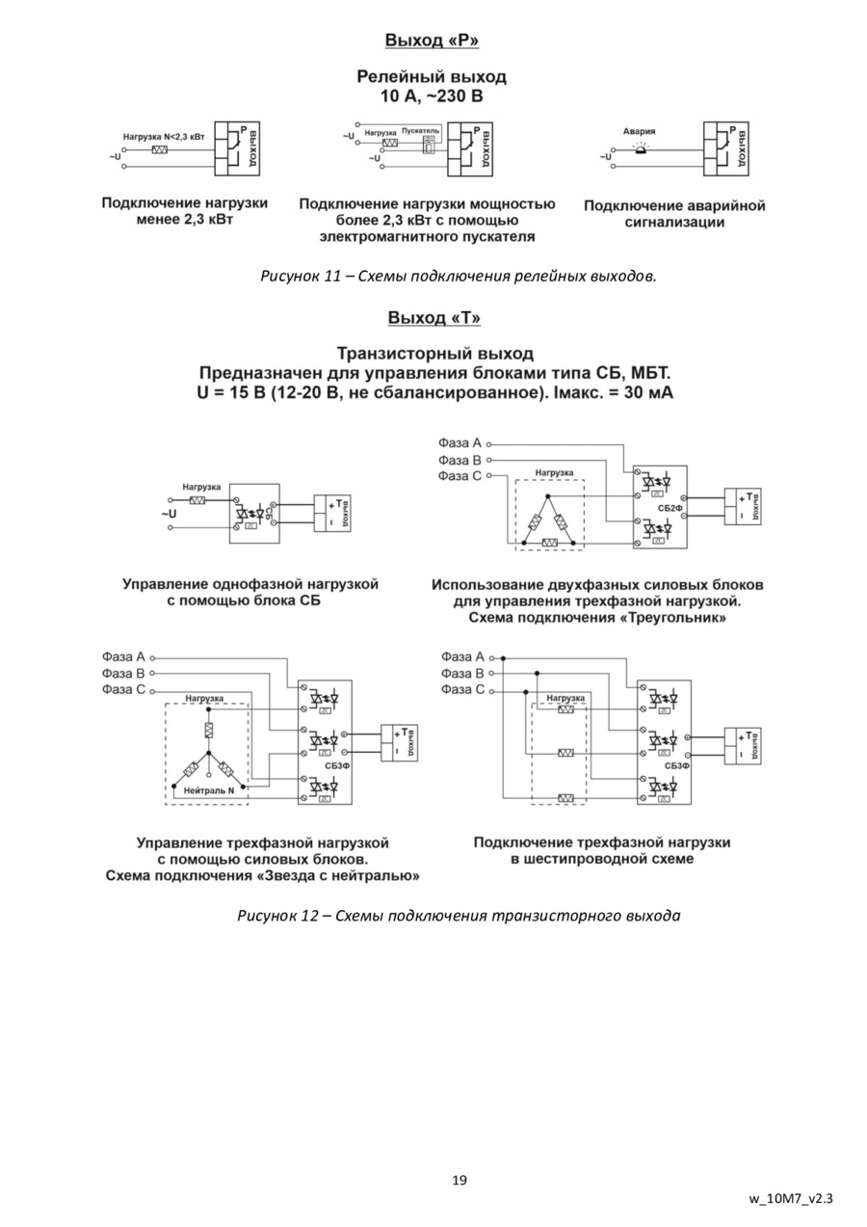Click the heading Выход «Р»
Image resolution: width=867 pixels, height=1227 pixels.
[432, 40]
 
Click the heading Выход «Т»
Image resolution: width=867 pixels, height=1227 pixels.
[433, 318]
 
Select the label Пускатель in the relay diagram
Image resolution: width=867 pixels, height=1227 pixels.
[420, 130]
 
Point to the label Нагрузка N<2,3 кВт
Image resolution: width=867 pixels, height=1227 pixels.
[164, 137]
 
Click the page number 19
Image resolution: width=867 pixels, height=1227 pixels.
[460, 1180]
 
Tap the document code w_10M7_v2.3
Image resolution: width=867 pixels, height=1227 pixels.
[791, 1199]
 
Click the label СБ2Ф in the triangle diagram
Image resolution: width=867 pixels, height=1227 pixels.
[670, 507]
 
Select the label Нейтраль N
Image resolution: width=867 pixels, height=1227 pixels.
[209, 790]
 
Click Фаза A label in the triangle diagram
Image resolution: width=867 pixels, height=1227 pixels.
[460, 443]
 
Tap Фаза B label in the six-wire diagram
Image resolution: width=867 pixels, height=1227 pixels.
[462, 674]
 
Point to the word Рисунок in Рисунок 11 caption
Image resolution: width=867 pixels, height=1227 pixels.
[288, 277]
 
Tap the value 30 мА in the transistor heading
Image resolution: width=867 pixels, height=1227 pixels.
[644, 392]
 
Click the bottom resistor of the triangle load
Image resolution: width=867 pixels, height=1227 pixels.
[549, 544]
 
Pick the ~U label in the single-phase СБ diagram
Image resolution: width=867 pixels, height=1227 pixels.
[169, 514]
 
